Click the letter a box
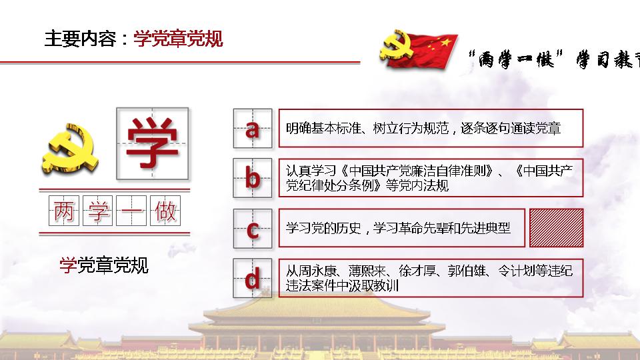(x=253, y=128)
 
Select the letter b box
(x=253, y=178)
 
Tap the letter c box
(x=253, y=228)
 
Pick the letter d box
(x=253, y=278)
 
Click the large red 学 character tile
(x=153, y=144)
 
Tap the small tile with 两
(x=64, y=211)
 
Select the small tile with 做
(x=165, y=211)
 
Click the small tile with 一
(x=131, y=211)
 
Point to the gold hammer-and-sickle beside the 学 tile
(x=70, y=149)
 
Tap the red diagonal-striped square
(x=556, y=228)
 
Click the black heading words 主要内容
(x=81, y=39)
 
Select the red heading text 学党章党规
(x=178, y=39)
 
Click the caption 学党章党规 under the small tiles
(x=104, y=265)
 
